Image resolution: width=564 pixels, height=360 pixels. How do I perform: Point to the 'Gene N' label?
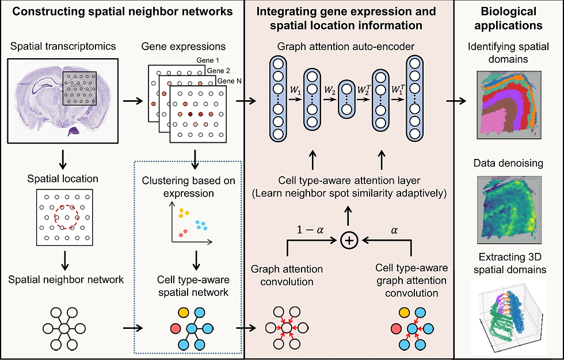click(230, 81)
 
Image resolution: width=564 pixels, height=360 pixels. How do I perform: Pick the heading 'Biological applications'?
click(509, 18)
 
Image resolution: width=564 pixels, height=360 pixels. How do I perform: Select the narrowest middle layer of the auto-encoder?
click(347, 101)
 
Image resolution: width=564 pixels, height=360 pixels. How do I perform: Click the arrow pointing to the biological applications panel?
click(459, 101)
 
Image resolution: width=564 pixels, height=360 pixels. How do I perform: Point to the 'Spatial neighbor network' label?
click(66, 280)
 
